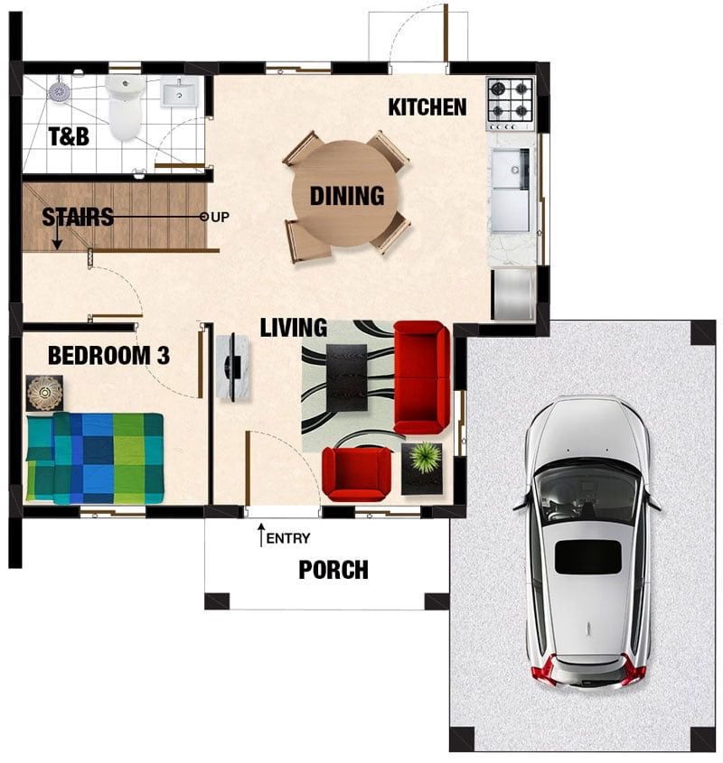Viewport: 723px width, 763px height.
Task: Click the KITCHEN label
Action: [x=427, y=107]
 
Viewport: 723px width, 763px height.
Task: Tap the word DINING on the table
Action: [x=347, y=196]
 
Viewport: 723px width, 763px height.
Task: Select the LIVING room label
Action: [x=294, y=328]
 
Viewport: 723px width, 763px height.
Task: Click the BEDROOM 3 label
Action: [x=108, y=355]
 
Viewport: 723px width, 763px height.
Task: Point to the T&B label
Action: [x=69, y=136]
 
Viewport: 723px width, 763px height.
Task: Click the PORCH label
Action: [x=333, y=570]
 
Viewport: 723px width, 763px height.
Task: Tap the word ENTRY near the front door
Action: [x=288, y=538]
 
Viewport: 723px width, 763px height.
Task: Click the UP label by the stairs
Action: [x=221, y=217]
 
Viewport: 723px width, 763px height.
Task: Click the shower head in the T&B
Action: [x=60, y=91]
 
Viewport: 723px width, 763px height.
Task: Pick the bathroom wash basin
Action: [x=179, y=91]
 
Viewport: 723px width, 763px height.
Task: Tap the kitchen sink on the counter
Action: [x=510, y=191]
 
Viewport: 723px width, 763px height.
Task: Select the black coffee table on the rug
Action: [x=346, y=377]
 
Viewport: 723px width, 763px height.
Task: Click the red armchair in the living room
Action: [x=357, y=474]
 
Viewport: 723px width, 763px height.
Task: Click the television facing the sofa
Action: [x=233, y=368]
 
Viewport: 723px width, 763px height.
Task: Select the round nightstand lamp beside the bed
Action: [x=44, y=393]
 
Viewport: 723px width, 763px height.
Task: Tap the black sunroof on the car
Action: [x=588, y=556]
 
